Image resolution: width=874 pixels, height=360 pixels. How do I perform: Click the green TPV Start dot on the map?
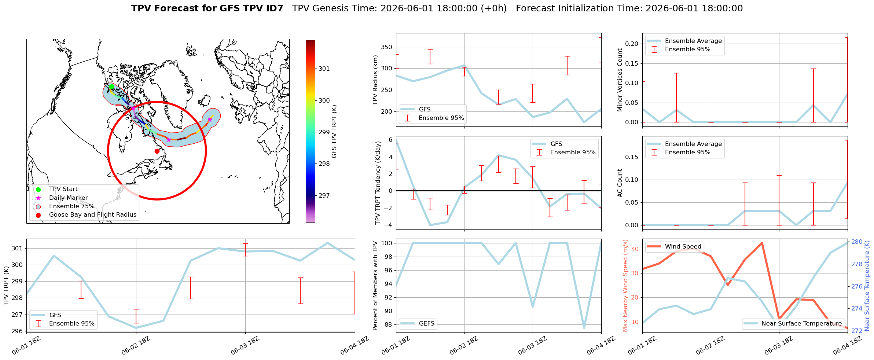[111, 87]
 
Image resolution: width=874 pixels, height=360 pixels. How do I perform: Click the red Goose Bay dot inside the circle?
[157, 151]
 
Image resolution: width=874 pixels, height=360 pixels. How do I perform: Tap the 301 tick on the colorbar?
[324, 69]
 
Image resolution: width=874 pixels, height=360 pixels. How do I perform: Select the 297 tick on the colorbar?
[324, 195]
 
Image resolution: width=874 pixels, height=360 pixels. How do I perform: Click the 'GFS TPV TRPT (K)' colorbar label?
[334, 132]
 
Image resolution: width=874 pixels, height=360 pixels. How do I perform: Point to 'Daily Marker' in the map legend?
[68, 198]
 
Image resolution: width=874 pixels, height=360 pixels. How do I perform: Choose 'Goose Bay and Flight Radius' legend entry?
[93, 214]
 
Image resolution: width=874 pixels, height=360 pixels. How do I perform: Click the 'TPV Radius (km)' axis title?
[375, 80]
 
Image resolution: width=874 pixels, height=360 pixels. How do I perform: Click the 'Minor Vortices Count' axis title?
[620, 80]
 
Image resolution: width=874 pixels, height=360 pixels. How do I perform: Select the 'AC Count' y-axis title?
[620, 183]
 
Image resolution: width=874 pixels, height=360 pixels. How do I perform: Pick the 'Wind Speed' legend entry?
[683, 246]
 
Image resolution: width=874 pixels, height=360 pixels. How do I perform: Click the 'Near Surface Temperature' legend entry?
[801, 323]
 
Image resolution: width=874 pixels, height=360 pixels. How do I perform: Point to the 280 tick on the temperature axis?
[857, 242]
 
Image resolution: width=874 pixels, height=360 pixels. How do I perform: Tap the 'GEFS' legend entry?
[426, 323]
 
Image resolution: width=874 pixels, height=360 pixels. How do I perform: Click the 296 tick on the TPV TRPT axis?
[17, 331]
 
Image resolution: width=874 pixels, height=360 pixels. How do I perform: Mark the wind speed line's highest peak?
[762, 243]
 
